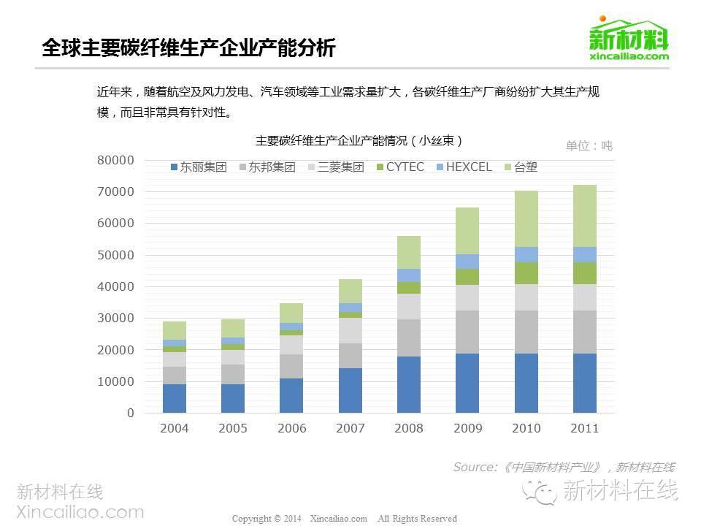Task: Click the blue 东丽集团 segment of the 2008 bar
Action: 408,384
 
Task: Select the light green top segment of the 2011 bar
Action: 584,216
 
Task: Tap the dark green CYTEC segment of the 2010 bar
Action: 526,272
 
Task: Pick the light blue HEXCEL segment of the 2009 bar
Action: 467,262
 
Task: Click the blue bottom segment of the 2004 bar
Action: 174,398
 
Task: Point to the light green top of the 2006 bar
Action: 291,313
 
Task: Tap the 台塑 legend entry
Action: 521,167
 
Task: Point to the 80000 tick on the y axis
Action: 117,160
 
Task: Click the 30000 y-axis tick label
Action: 117,319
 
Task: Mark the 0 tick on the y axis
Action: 131,413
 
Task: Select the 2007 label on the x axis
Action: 350,428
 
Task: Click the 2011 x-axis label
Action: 584,428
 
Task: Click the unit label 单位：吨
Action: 589,145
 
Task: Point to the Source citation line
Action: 563,467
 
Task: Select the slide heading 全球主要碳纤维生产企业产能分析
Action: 188,48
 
